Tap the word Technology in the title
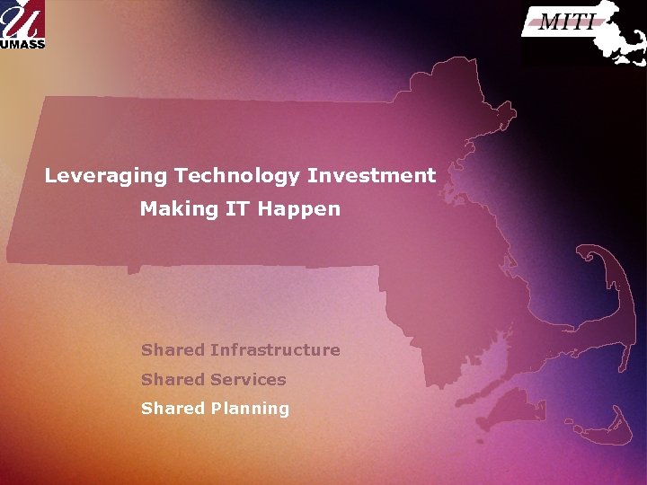point(238,176)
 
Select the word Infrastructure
point(275,350)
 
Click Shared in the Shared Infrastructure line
point(173,350)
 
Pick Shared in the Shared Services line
point(173,380)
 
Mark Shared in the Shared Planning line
point(173,409)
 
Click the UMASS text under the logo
point(22,42)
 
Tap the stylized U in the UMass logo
point(22,18)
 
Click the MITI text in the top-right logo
point(567,22)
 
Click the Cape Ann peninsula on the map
point(503,111)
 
